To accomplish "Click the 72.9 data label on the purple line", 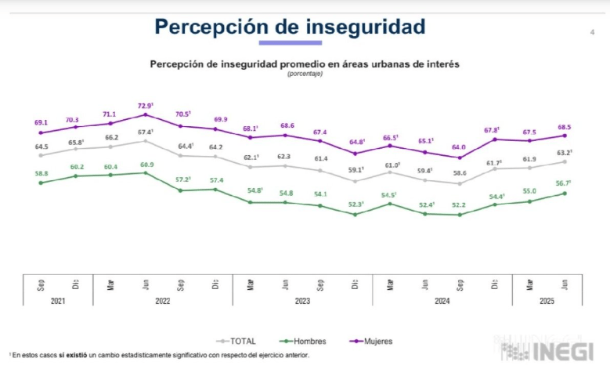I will (145, 105).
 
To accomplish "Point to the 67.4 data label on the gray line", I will (145, 132).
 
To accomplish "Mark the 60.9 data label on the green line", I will (145, 165).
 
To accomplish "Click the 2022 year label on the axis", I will (163, 301).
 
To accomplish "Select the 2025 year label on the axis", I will (547, 301).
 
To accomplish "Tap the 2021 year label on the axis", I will (58, 301).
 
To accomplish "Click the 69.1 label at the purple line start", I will (41, 122).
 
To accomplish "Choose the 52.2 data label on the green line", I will (460, 205).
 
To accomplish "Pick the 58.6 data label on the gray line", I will (460, 173).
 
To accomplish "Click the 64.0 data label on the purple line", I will (460, 147).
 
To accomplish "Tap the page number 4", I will (591, 32).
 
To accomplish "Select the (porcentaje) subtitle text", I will (304, 74).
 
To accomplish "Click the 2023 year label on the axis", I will (302, 301).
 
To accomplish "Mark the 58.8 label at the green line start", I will (41, 173).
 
